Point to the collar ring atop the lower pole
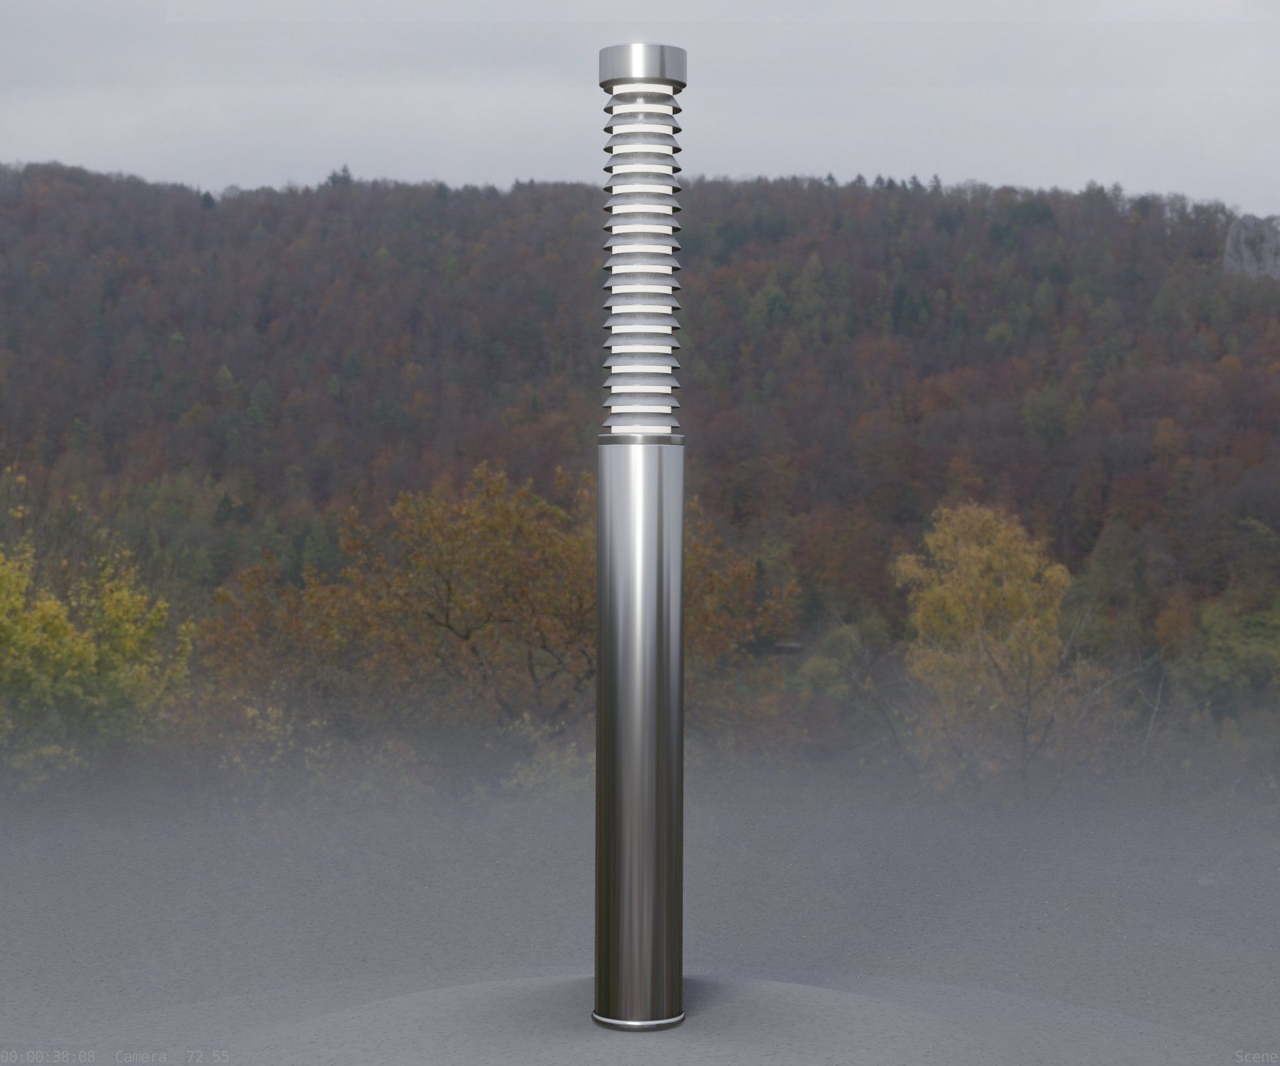point(640,438)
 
